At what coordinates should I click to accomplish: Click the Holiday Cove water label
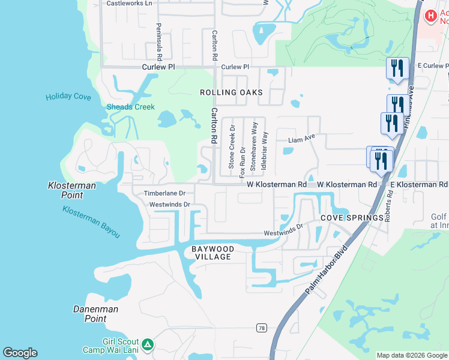point(68,97)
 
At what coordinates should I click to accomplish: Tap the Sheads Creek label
point(131,107)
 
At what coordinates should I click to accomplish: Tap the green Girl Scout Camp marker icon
point(148,344)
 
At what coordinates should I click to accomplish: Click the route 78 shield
point(261,328)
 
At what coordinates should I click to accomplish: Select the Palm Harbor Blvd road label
point(327,269)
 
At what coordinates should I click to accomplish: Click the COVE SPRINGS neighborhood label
point(352,218)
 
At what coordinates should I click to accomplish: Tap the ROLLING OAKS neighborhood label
point(232,92)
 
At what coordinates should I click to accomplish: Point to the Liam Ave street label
point(301,139)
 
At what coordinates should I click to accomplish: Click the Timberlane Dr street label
point(164,194)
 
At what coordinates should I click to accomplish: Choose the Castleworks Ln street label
point(130,3)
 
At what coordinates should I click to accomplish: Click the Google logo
point(20,353)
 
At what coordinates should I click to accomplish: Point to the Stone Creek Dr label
point(232,151)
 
